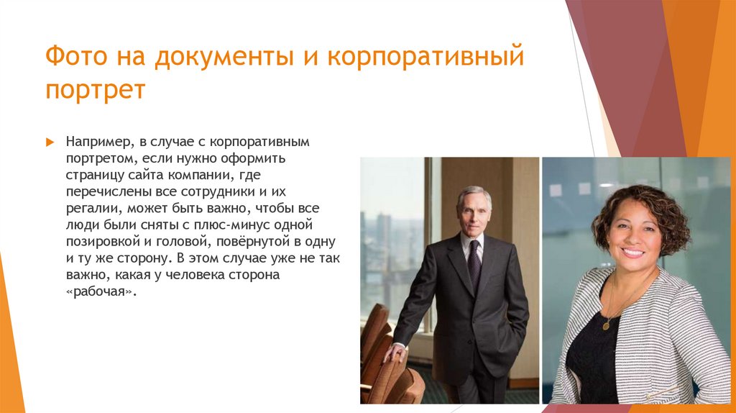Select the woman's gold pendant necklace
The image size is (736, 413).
tap(606, 324)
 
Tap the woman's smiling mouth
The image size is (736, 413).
tap(632, 253)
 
